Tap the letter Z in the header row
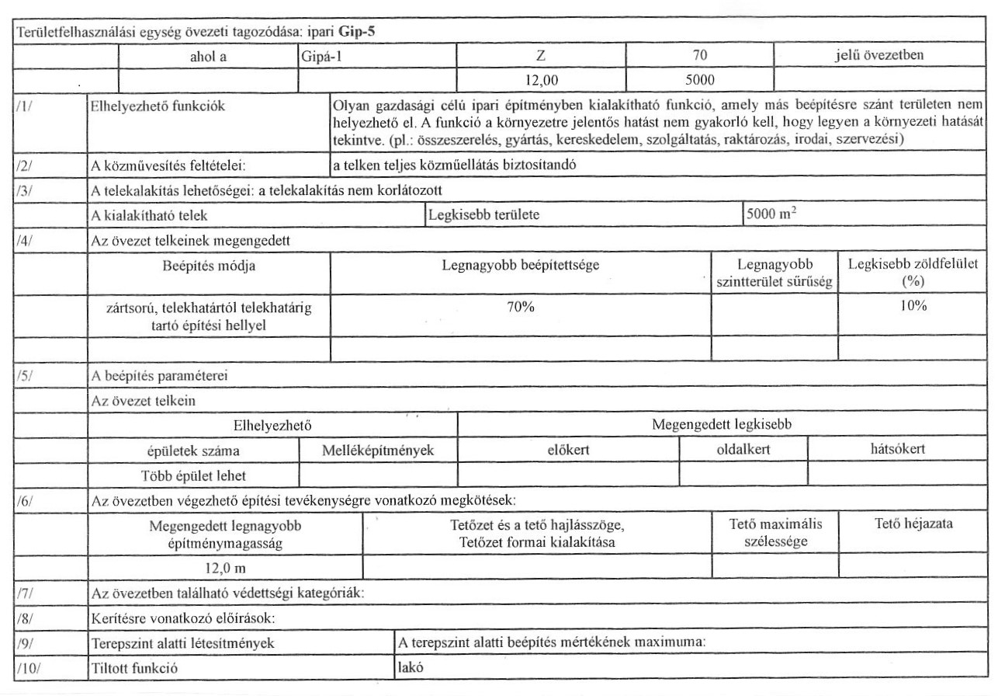point(541,56)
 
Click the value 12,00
point(541,78)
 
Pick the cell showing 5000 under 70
point(700,78)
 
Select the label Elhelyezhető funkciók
point(145,106)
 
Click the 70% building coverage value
point(521,306)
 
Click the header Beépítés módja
point(210,266)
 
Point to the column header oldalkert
point(743,449)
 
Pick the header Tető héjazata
point(913,524)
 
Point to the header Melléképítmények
point(377,450)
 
